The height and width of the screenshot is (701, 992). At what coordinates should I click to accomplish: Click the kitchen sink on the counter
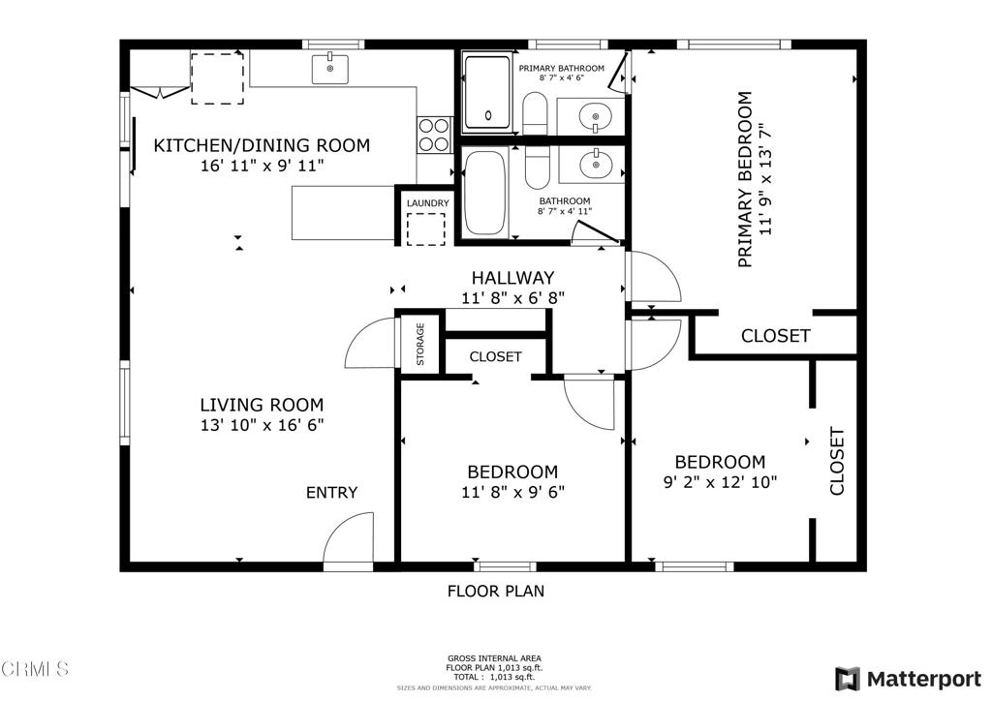click(330, 68)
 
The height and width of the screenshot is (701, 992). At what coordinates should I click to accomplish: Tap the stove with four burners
click(434, 135)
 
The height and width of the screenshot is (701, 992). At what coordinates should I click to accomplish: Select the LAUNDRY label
click(427, 202)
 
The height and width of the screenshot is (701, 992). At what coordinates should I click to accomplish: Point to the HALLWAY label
click(512, 278)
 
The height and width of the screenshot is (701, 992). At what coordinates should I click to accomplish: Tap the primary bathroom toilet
click(536, 113)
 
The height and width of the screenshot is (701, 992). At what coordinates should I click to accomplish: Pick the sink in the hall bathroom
click(592, 165)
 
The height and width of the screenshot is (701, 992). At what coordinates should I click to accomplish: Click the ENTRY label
click(332, 493)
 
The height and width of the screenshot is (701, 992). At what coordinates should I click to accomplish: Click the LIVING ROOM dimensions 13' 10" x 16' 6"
click(262, 424)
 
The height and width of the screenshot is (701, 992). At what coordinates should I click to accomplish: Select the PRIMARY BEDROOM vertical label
click(745, 179)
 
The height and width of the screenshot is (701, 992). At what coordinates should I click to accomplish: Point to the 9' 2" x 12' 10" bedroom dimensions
click(720, 481)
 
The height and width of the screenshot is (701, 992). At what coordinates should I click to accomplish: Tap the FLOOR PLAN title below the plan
click(495, 591)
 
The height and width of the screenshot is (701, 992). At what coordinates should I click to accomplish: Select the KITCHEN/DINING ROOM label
click(262, 146)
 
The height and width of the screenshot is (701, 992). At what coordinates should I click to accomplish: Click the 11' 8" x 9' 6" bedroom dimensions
click(512, 492)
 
